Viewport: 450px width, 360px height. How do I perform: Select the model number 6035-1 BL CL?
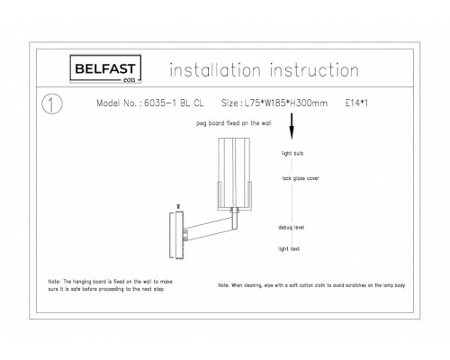pyautogui.click(x=168, y=103)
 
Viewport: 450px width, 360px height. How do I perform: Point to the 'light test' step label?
pyautogui.click(x=291, y=246)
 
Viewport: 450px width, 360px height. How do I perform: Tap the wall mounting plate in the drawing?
pyautogui.click(x=176, y=236)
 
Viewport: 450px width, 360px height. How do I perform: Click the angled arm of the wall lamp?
pyautogui.click(x=210, y=229)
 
